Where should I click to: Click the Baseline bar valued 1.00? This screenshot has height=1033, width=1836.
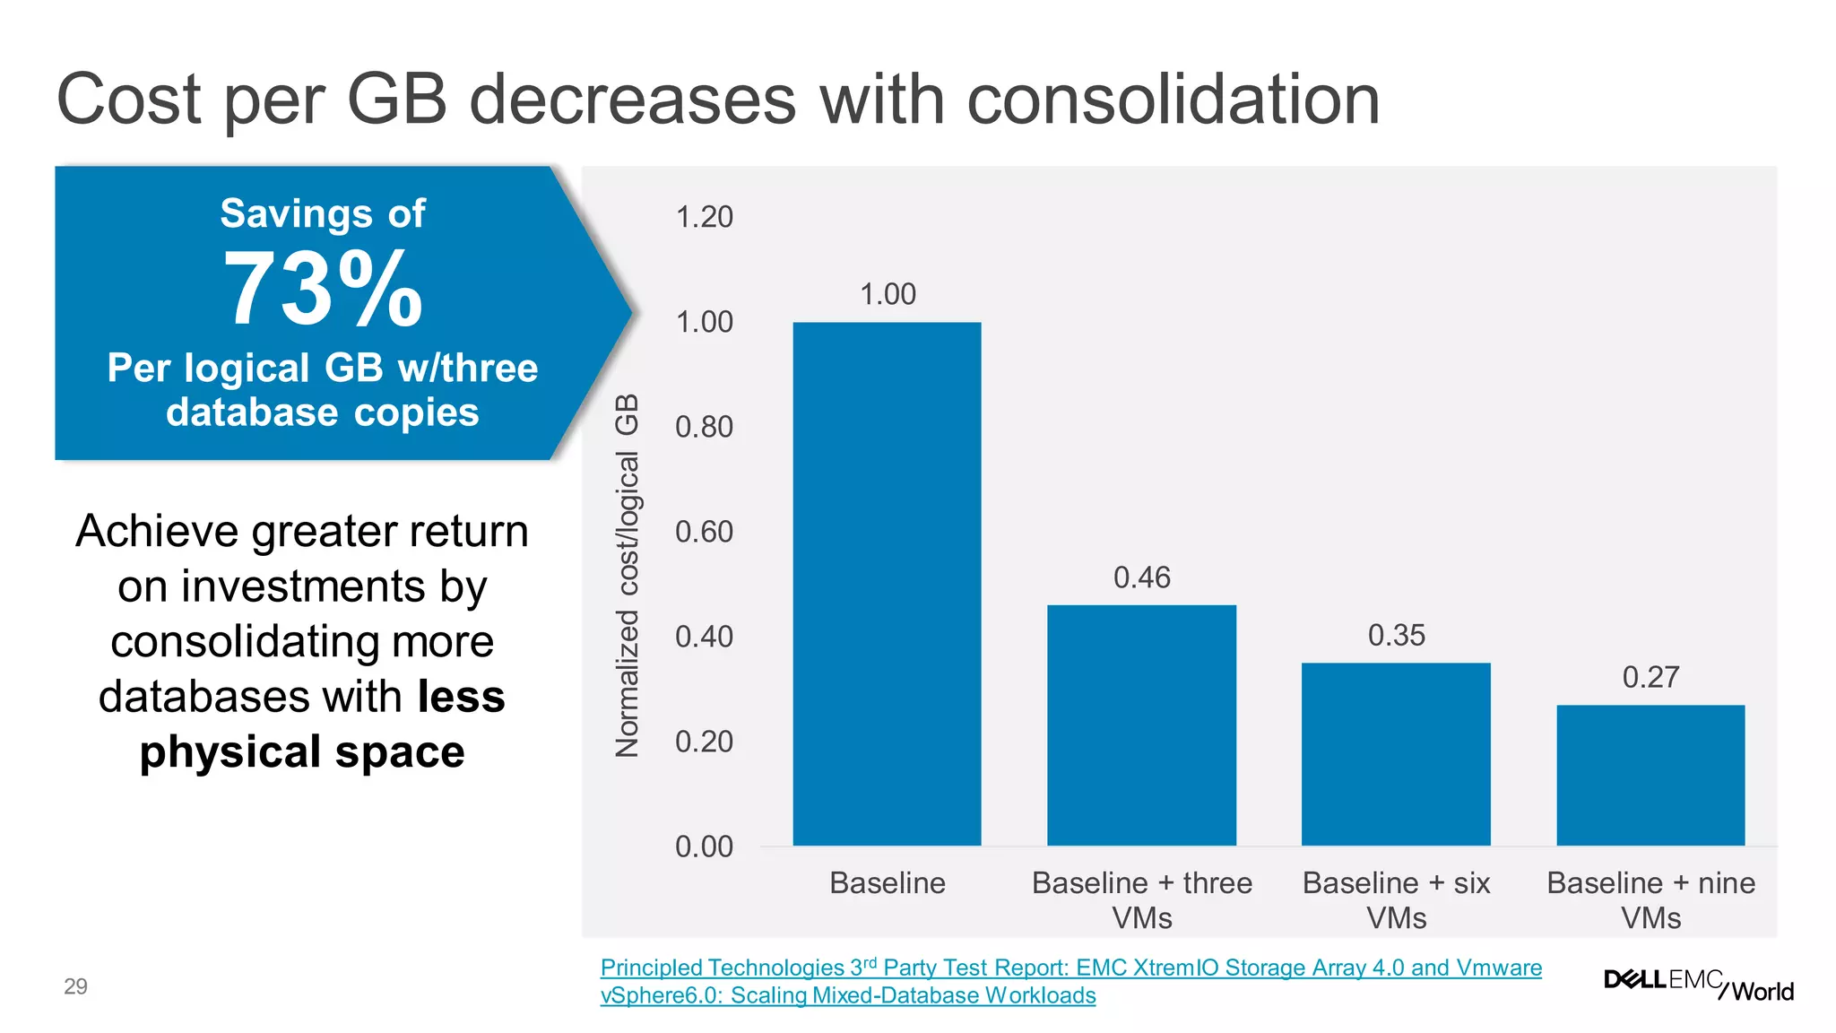[887, 583]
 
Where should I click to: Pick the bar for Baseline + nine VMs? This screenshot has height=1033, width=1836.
[1650, 775]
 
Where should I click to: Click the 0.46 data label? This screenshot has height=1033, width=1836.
[1141, 577]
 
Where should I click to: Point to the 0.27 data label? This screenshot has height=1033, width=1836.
[1650, 677]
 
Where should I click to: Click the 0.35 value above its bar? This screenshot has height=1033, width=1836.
[1396, 636]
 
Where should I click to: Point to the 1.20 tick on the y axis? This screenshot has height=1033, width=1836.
[704, 217]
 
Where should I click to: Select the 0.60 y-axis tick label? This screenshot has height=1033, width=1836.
[704, 532]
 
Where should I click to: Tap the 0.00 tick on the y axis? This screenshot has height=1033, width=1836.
[704, 846]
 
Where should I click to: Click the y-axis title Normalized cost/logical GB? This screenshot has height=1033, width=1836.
[628, 575]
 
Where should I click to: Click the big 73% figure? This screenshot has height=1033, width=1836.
[323, 290]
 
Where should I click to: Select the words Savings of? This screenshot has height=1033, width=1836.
[323, 213]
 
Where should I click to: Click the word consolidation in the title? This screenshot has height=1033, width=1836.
[1173, 99]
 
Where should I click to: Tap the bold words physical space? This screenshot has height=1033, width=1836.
[302, 751]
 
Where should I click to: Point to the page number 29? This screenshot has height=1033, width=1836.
[75, 986]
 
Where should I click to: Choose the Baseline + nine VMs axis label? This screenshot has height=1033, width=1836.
[1650, 899]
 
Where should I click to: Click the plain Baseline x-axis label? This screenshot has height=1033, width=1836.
[887, 883]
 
